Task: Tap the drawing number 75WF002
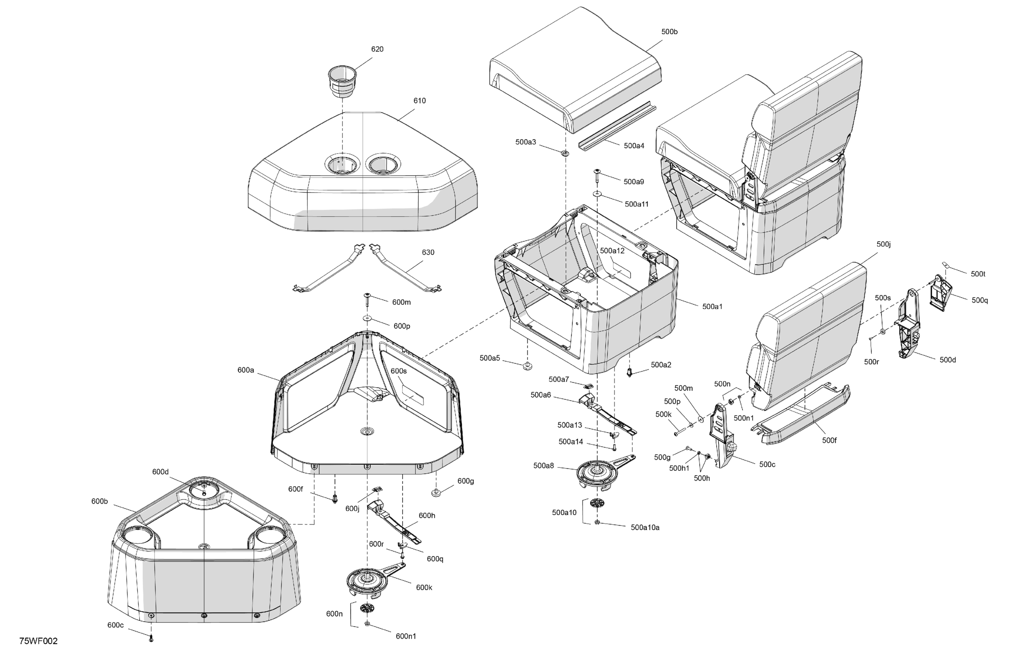[x=38, y=641]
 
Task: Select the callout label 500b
[x=670, y=32]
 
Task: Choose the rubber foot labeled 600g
[x=436, y=493]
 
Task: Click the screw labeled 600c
[x=151, y=638]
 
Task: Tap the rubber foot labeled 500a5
[x=528, y=366]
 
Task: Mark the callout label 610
[x=419, y=101]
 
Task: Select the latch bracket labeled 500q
[x=941, y=293]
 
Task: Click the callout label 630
[x=428, y=252]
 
